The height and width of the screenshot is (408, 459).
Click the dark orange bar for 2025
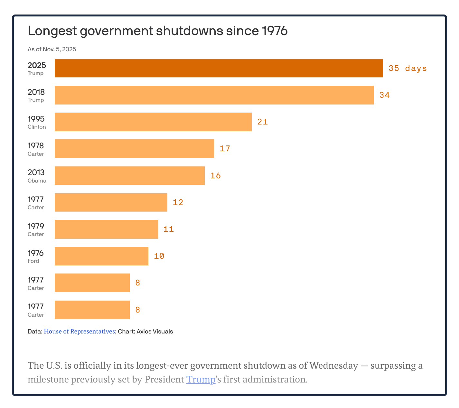click(x=219, y=68)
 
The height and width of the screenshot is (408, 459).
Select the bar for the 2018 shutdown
click(x=214, y=95)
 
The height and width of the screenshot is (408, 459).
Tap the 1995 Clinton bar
click(x=153, y=122)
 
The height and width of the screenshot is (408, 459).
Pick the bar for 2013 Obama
click(x=129, y=175)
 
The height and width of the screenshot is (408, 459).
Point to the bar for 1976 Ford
click(x=101, y=256)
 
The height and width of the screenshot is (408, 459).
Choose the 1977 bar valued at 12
click(x=111, y=202)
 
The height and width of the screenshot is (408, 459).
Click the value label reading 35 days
click(x=407, y=68)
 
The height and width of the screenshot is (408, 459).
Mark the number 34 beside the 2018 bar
click(x=384, y=95)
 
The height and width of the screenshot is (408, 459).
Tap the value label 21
click(x=262, y=122)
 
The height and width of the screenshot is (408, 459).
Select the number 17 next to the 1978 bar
click(x=225, y=149)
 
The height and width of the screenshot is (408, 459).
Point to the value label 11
click(x=168, y=229)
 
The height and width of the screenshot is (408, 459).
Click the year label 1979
click(x=36, y=226)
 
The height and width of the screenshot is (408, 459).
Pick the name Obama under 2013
click(x=37, y=181)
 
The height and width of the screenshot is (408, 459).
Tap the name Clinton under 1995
click(x=37, y=127)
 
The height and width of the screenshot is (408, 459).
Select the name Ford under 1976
click(x=33, y=261)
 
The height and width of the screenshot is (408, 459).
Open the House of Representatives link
click(x=79, y=331)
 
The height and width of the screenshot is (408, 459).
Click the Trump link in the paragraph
click(x=201, y=379)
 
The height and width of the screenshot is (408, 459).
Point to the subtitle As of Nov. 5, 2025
click(x=52, y=49)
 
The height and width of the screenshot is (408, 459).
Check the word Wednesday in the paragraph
click(x=333, y=366)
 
